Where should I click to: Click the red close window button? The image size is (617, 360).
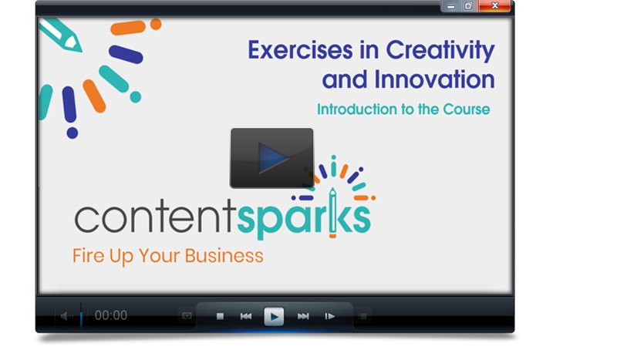point(494,6)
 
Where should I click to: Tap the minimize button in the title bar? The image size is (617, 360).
point(451,6)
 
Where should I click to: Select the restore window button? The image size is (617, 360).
point(469,6)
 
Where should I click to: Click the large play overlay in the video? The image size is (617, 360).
point(272,158)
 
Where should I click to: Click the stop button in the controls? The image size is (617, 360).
point(220,316)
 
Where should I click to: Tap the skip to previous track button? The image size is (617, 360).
point(246,316)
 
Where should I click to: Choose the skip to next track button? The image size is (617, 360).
point(303,316)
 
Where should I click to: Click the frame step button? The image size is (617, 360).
point(329,316)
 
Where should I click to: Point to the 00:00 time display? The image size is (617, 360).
point(111,315)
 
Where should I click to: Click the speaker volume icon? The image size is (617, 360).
point(67,316)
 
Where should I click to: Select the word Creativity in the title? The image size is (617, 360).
point(440,51)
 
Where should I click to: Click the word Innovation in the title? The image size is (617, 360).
point(434,79)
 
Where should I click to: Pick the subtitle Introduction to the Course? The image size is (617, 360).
point(403,109)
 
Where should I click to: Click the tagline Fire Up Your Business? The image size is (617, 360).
point(168,256)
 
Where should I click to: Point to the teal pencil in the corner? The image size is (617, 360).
point(61,35)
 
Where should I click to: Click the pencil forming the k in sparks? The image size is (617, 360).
point(332,213)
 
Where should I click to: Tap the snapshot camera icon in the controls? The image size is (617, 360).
point(187,316)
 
